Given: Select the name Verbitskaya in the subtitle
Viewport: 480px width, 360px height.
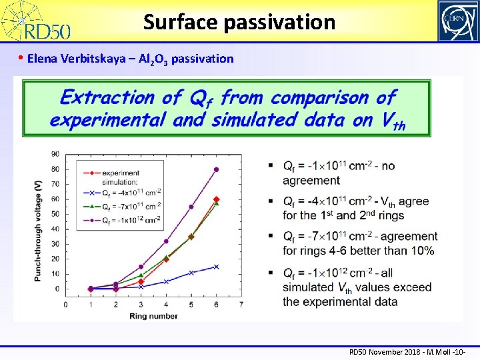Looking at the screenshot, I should point(103,59).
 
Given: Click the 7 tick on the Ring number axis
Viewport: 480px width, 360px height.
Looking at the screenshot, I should point(241,304).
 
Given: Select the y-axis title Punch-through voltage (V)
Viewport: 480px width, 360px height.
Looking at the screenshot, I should point(37,220).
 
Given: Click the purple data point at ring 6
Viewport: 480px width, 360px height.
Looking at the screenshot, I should point(216,169).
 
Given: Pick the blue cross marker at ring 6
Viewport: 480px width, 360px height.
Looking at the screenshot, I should point(216,267).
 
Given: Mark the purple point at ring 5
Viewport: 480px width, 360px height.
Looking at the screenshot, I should point(191,207).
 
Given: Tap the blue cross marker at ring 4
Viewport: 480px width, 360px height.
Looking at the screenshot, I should point(166,281).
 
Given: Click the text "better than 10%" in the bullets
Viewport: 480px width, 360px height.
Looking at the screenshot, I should point(389,251).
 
